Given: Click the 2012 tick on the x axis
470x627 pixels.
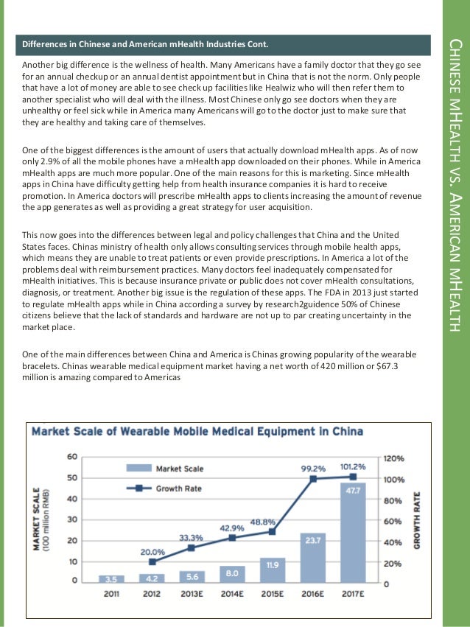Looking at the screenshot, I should (x=152, y=593).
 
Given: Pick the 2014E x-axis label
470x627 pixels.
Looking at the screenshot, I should (x=233, y=593).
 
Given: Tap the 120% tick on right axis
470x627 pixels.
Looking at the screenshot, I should (x=394, y=458).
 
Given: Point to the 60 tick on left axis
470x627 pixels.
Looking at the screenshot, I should (x=72, y=457).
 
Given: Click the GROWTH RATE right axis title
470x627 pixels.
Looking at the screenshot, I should (x=416, y=519).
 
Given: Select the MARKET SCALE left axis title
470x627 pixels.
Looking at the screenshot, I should (x=39, y=519).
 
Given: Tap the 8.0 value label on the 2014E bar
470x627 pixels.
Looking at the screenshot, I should (x=233, y=572).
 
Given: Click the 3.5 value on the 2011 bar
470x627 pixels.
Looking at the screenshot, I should (x=111, y=578).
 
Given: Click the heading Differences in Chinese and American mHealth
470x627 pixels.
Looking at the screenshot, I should (x=144, y=43).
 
